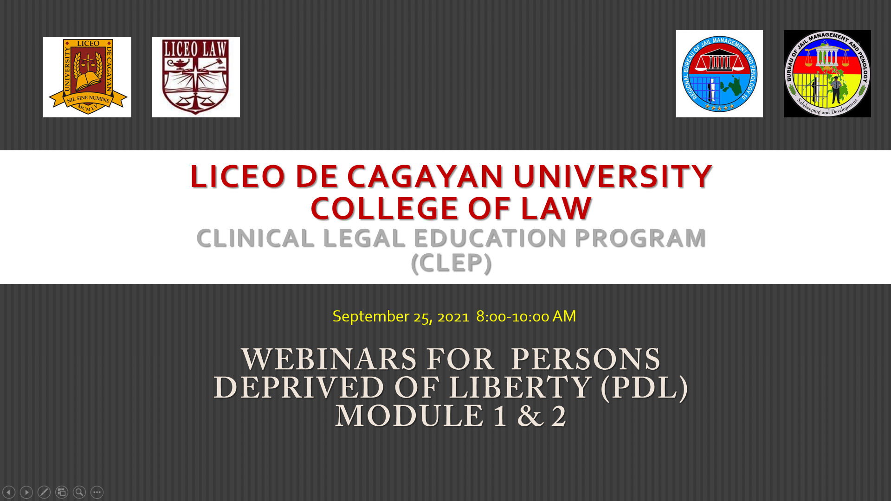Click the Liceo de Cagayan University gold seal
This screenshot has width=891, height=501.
pos(87,77)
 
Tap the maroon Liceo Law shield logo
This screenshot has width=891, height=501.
pos(196,77)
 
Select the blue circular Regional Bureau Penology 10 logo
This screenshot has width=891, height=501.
pos(719,74)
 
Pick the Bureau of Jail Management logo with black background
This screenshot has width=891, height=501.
pos(827,74)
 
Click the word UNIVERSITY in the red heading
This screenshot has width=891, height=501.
pos(613,176)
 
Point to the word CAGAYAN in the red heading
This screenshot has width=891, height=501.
pos(425,176)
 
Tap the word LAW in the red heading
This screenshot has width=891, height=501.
pos(556,208)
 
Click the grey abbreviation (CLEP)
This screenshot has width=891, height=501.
pos(451,263)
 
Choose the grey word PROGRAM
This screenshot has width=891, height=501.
pos(640,238)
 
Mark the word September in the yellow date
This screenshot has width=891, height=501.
pos(371,316)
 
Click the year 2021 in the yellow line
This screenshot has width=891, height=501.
pos(453,317)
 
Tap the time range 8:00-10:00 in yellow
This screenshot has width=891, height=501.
pos(512,317)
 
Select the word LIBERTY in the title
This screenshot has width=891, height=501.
pos(520,388)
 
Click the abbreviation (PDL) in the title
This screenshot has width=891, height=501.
pos(645,388)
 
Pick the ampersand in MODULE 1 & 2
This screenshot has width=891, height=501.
pos(530,416)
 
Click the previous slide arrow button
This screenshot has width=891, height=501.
pos(9,492)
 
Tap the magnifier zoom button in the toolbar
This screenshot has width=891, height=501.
pos(79,492)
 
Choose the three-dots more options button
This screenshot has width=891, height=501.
pos(97,492)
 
